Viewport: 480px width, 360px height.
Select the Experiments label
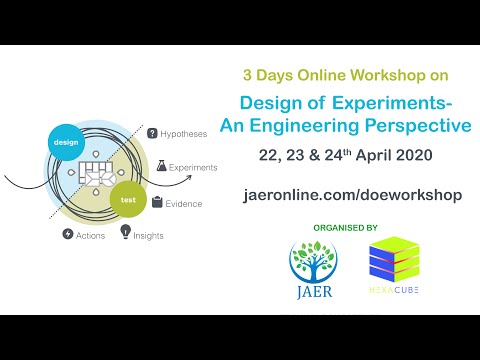click(193, 167)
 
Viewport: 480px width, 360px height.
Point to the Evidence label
click(184, 203)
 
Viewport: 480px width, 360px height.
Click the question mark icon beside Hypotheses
click(153, 133)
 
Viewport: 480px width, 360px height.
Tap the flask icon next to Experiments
click(160, 167)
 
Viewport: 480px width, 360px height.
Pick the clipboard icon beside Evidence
click(158, 203)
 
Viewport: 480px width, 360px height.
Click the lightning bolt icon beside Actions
click(67, 234)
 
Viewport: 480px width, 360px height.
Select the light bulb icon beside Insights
click(126, 232)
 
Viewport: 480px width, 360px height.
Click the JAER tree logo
click(312, 270)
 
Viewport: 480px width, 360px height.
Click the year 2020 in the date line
click(406, 158)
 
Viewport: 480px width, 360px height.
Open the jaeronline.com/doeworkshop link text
click(353, 194)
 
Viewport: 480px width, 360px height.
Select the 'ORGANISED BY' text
click(344, 227)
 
